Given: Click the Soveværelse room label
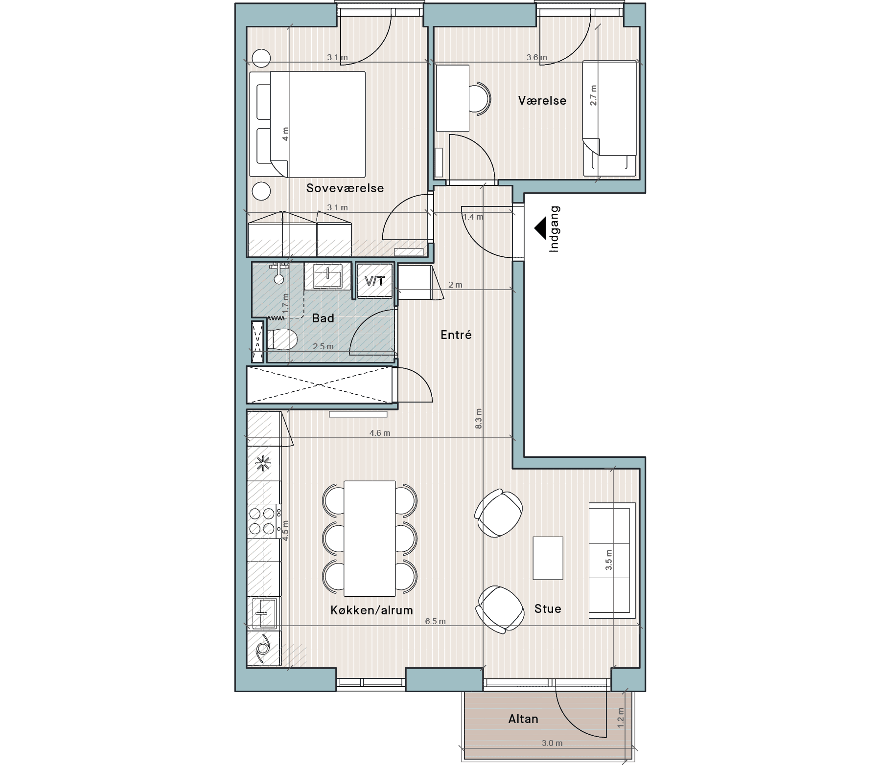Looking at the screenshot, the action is (x=345, y=188).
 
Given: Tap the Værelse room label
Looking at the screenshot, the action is (x=542, y=101).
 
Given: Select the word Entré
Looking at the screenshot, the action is (x=456, y=335).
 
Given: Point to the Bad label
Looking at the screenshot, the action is (x=323, y=318).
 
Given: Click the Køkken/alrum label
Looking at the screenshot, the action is (x=371, y=610).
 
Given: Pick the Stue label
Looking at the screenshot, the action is (x=548, y=609).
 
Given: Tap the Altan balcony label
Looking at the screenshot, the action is (x=523, y=719).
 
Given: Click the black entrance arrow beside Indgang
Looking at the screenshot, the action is (x=540, y=228).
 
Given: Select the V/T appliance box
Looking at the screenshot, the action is (x=375, y=281).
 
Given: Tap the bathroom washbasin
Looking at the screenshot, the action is (x=327, y=277).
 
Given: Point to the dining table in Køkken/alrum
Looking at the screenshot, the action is (x=370, y=539).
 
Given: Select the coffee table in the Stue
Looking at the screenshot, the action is (x=548, y=558).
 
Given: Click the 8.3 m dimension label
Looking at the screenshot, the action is (x=479, y=419).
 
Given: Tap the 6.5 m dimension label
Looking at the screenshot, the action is (x=435, y=622).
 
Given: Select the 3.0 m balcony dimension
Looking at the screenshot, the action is (x=552, y=743).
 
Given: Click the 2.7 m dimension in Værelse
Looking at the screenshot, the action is (x=594, y=95).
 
